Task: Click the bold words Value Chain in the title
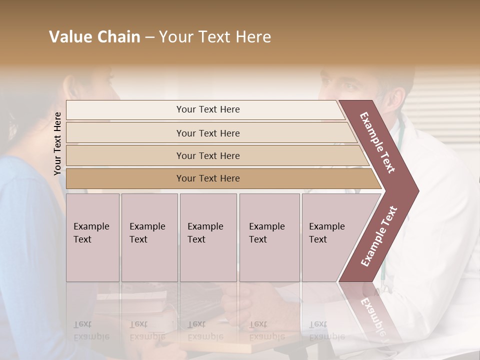[x=94, y=37]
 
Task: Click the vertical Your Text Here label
[x=57, y=143]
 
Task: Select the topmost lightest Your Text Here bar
[x=207, y=109]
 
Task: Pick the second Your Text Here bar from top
[x=207, y=133]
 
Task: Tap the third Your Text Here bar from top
[x=207, y=155]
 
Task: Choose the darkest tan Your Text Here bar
[x=207, y=178]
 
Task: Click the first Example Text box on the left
[x=92, y=237]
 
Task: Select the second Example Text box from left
[x=149, y=237]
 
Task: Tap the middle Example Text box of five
[x=208, y=237]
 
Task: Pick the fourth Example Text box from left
[x=269, y=237]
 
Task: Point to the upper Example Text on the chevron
[x=377, y=142]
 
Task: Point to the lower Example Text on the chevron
[x=379, y=236]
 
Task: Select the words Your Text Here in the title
[x=215, y=37]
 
